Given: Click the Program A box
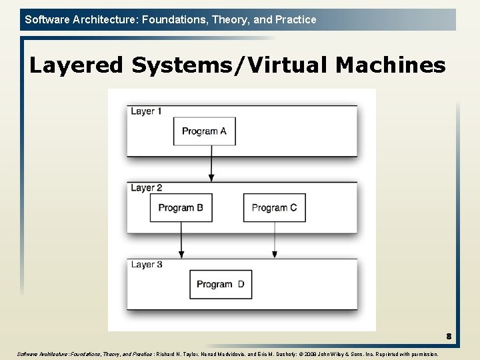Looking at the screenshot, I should point(204,131).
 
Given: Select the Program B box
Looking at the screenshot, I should point(181,208).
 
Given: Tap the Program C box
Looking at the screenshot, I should point(274,208).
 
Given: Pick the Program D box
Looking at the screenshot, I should point(221,285).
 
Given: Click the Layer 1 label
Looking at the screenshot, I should point(147,111).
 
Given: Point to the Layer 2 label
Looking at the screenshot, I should point(147,188).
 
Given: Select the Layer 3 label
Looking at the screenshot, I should point(147,265).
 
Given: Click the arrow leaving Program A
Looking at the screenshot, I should point(212,163).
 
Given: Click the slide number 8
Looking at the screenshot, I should point(449,337).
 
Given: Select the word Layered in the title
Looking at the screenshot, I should point(77,65).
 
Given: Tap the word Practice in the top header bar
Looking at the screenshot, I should point(295,19).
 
